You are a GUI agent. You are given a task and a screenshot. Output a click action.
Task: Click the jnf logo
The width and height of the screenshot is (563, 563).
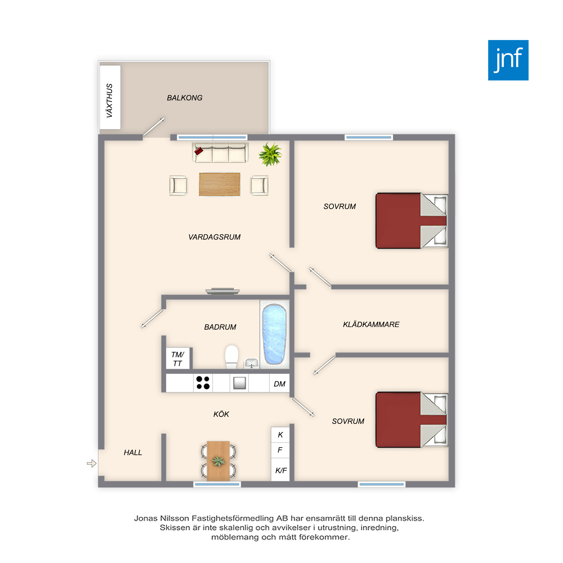(508, 60)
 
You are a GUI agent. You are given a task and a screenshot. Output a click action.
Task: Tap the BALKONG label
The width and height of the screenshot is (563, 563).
(184, 98)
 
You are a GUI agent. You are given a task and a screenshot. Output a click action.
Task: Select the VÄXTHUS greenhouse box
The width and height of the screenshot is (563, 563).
(110, 97)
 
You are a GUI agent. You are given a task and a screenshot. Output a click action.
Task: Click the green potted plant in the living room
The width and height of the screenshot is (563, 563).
(270, 154)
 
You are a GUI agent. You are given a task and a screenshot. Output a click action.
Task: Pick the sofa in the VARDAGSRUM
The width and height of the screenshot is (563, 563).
(220, 152)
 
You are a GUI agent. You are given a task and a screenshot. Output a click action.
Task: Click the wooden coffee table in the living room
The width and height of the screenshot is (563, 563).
(220, 184)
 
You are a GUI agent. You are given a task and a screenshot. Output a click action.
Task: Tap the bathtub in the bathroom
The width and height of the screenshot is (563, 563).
(274, 334)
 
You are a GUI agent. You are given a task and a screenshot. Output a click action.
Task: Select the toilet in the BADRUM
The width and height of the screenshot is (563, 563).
(232, 357)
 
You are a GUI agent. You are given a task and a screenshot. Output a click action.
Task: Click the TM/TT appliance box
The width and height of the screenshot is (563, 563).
(178, 358)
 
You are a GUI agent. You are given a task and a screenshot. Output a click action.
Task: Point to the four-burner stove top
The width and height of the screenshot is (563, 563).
(203, 383)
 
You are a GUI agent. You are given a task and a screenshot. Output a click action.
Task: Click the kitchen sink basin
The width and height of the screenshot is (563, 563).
(239, 383)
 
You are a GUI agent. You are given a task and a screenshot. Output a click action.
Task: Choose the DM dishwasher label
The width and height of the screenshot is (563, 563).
(280, 384)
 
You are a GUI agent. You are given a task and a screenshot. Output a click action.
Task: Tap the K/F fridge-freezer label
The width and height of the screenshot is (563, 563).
(281, 470)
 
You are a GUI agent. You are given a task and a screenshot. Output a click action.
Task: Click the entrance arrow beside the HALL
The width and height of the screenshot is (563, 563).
(91, 463)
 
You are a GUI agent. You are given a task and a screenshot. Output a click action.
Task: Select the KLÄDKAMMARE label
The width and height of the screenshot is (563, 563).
(371, 324)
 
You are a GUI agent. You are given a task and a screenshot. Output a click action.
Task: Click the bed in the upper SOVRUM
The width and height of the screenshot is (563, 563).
(412, 221)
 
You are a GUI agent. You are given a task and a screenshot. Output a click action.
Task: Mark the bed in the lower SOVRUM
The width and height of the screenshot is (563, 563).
(412, 420)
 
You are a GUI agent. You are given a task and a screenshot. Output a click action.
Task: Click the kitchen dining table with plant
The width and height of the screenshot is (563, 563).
(218, 461)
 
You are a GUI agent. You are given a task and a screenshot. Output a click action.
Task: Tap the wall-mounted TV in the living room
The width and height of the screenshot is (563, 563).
(222, 291)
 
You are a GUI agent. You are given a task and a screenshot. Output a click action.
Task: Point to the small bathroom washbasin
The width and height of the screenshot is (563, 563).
(251, 363)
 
